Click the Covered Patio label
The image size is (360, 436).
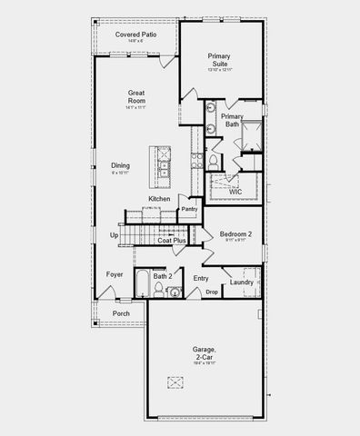click(135, 35)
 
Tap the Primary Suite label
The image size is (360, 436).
click(219, 60)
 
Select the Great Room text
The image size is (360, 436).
click(137, 97)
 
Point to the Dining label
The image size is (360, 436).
click(121, 165)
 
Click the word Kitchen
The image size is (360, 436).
click(160, 199)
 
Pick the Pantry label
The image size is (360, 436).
click(189, 209)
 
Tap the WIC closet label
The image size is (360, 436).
click(235, 192)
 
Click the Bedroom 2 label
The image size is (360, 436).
click(235, 234)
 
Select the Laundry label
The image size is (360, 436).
click(242, 282)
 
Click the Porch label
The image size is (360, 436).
click(121, 313)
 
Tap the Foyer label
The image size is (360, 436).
click(115, 273)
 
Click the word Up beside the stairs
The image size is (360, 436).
click(114, 235)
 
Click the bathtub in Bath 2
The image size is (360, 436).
click(141, 284)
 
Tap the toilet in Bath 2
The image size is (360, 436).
click(158, 290)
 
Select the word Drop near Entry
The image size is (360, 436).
click(211, 292)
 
